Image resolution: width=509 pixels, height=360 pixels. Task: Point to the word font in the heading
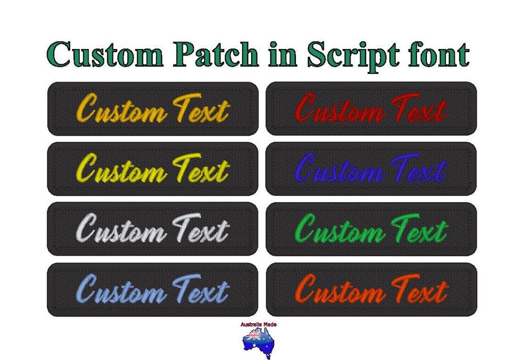438,55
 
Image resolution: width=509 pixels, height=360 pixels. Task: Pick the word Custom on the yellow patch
121,170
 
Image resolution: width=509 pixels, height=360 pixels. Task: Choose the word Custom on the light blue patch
121,290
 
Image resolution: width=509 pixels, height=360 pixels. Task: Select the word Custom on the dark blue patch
339,170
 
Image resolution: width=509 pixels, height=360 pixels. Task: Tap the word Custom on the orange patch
339,290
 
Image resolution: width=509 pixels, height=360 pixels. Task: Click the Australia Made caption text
258,325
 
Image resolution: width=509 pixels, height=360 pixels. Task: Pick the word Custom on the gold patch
121,111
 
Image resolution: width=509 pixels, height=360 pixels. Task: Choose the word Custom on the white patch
121,231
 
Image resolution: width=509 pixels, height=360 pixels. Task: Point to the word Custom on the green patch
339,231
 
